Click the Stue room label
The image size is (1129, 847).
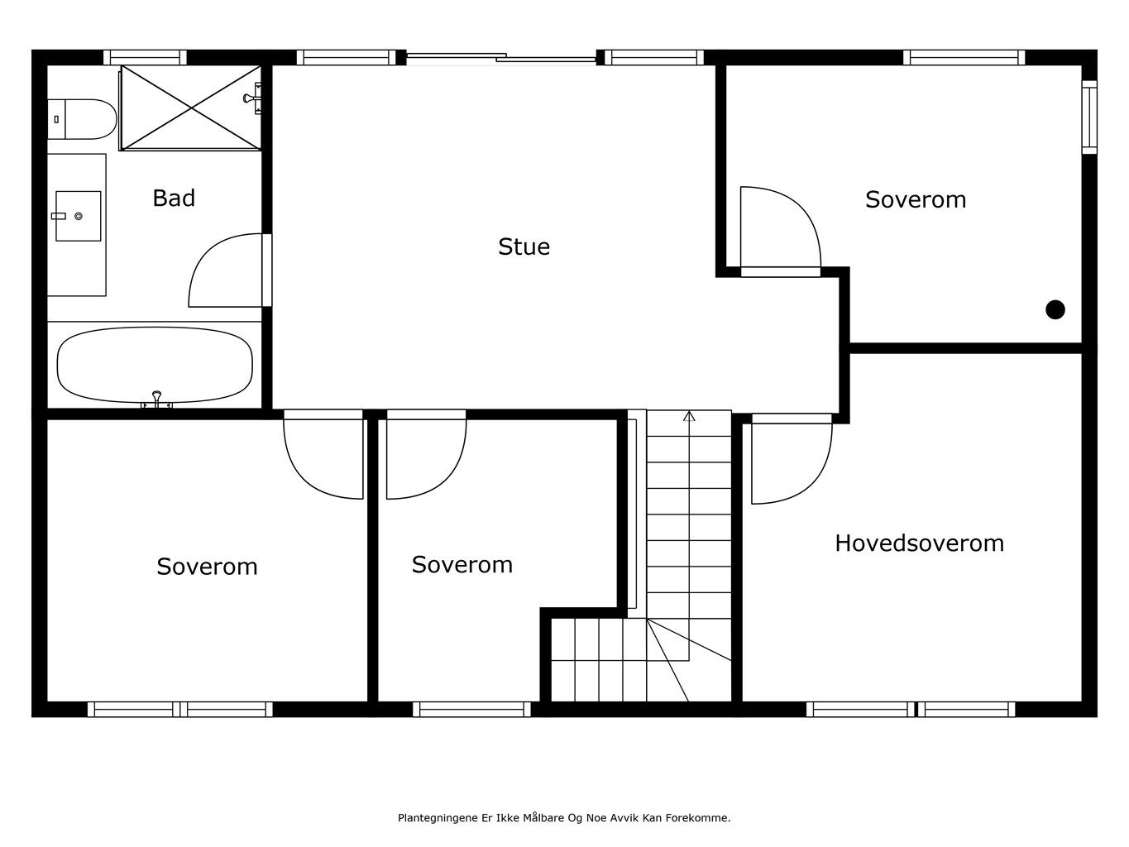[524, 246]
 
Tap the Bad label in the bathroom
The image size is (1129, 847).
[174, 198]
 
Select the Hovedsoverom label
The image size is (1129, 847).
[919, 543]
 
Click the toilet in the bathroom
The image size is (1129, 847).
[82, 119]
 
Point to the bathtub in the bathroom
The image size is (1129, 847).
[155, 365]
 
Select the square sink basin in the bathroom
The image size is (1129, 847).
[79, 216]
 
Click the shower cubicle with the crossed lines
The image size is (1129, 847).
[191, 108]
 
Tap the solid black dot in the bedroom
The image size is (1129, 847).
[1055, 309]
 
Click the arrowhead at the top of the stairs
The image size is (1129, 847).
[689, 416]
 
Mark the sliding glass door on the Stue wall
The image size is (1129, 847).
[501, 58]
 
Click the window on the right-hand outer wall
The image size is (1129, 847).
[1089, 117]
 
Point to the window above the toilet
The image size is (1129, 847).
[145, 57]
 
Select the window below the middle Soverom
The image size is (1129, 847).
[471, 709]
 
